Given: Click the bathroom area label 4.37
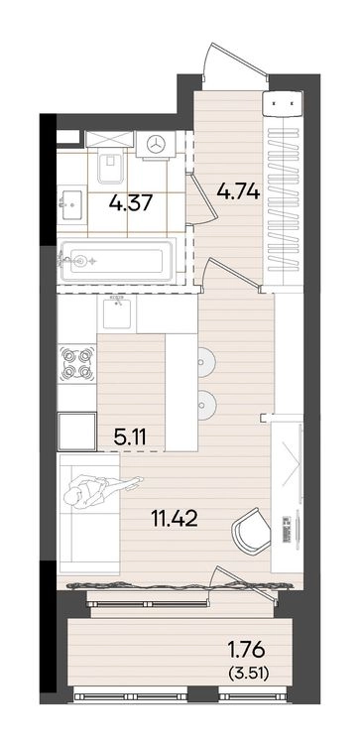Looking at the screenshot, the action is pos(130,203).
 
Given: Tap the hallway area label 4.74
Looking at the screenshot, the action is pos(238,191).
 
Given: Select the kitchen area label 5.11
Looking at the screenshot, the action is pos(130,437).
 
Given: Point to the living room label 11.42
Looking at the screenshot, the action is pos(175,519).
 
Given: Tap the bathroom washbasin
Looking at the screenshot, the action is pos(71,203).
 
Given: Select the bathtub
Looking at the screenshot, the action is pos(117,261).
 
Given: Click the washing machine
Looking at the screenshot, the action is pos(156,145).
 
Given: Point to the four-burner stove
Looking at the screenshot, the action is pos(76,364).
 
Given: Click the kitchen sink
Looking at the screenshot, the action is pos(117,313).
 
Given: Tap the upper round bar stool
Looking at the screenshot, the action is pos(206,363).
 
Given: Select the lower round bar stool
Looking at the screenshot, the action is pos(206,405).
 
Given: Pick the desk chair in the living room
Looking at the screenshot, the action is pos(252,531).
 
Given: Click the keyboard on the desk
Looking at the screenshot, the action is pos(286,529).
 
